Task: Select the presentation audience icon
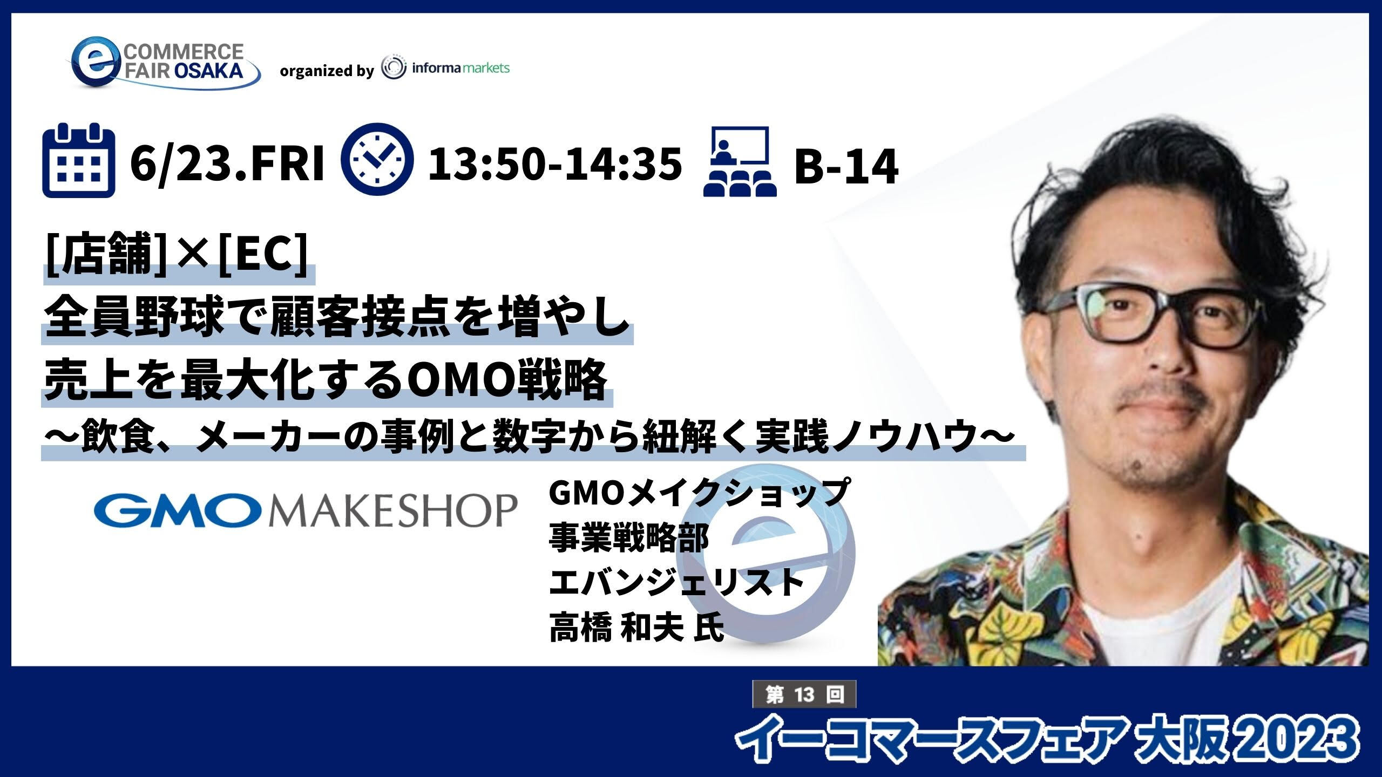[740, 161]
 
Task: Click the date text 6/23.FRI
[227, 162]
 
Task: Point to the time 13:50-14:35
[554, 163]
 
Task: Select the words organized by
[327, 71]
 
